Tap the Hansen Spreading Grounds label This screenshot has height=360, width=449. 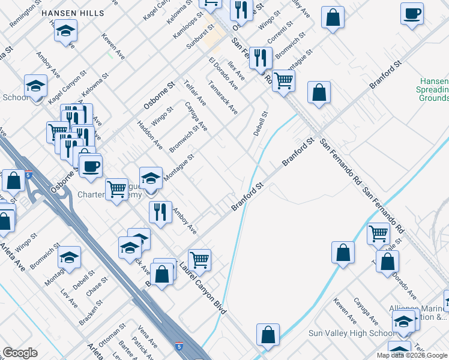point(434,89)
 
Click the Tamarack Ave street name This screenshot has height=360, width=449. point(223,97)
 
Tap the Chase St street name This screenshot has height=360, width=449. point(97,286)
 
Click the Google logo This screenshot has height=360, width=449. point(20,353)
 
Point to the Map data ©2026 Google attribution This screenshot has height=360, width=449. point(412,355)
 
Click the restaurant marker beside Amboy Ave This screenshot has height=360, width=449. point(160,212)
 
